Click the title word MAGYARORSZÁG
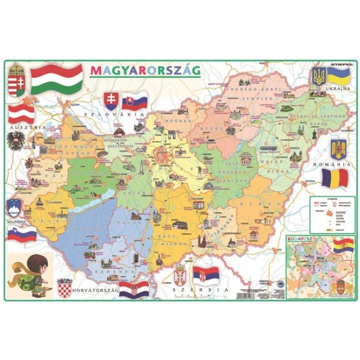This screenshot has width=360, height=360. tap(145, 70)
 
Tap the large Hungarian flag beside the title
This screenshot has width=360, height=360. tap(56, 79)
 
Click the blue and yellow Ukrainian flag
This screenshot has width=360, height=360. tap(338, 76)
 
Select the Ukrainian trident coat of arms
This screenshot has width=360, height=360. tap(317, 76)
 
